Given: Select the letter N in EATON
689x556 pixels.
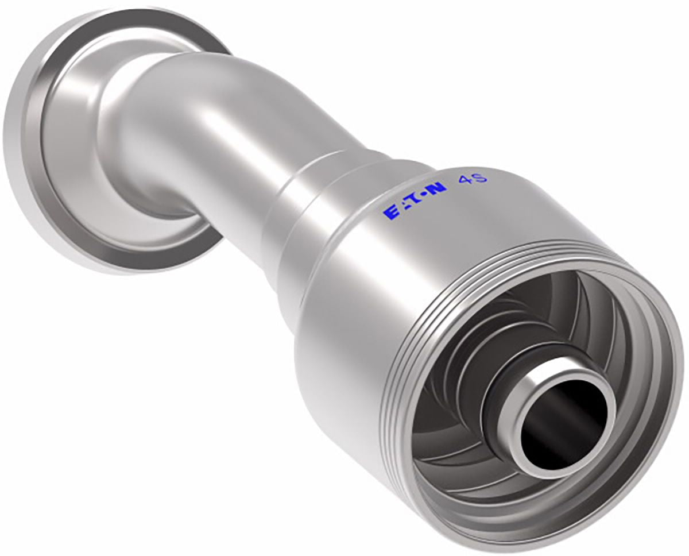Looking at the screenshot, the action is point(438,190).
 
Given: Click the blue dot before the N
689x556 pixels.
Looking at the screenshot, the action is point(427,195).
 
